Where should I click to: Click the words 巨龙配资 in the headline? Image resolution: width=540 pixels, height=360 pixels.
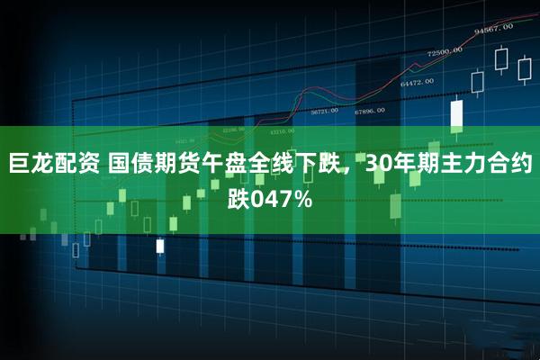point(53,165)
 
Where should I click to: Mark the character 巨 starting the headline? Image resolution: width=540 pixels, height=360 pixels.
point(19,165)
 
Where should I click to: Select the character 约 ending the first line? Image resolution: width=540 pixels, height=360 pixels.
point(520,165)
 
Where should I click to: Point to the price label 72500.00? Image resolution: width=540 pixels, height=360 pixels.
point(445,51)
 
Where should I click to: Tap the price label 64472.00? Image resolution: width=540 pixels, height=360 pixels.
point(417,81)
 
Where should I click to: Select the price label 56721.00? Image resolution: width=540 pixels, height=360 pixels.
point(324,112)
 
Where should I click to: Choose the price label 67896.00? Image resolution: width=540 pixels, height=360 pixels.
point(369,111)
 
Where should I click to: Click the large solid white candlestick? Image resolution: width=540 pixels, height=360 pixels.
point(456,114)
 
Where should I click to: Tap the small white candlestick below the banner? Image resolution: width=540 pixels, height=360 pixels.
point(160,245)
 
